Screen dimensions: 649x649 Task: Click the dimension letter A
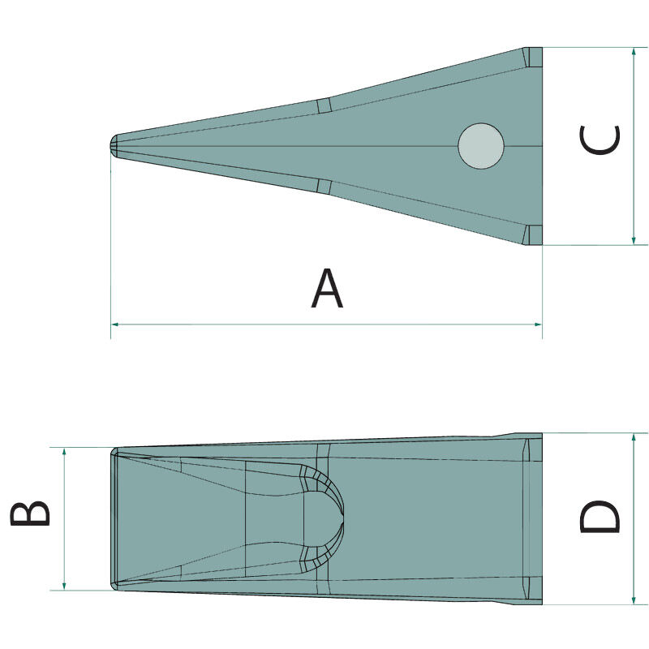(327, 288)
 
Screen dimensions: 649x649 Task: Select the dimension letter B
(30, 514)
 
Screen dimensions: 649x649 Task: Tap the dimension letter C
(600, 140)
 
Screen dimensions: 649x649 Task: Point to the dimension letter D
(600, 517)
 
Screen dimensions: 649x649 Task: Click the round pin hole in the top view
(481, 146)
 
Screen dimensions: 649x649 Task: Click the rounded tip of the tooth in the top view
(114, 145)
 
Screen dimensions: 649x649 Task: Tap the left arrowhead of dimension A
(115, 324)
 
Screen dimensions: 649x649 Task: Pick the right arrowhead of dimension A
(538, 324)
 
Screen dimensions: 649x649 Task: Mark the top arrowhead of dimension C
(634, 52)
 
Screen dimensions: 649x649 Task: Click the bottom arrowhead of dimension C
(634, 240)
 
